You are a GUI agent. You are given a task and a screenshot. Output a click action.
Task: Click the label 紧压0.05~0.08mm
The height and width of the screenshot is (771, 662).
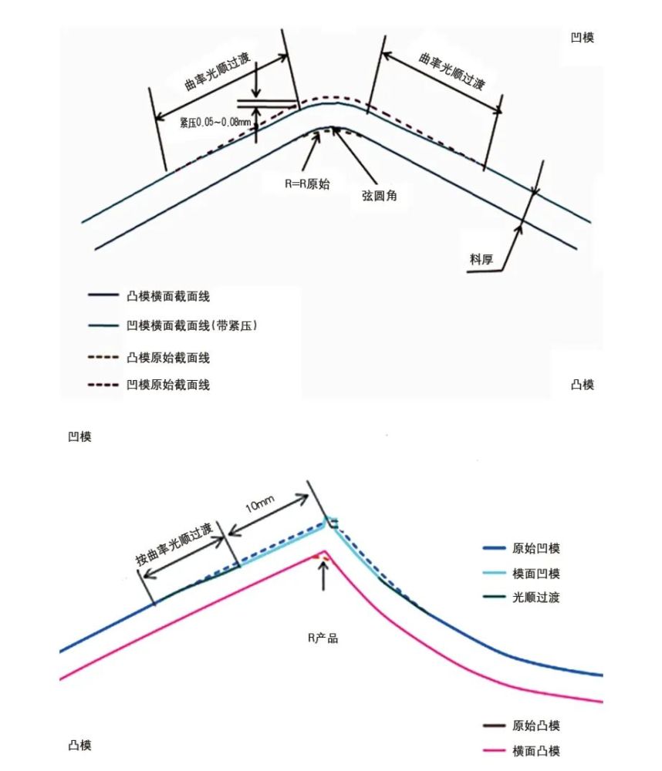click(215, 122)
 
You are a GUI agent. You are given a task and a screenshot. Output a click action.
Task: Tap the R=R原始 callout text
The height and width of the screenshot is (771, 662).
click(307, 184)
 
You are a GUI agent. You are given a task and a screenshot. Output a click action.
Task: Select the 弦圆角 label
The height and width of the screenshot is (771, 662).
click(379, 195)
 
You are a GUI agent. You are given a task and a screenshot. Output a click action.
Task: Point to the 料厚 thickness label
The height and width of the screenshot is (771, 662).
click(481, 258)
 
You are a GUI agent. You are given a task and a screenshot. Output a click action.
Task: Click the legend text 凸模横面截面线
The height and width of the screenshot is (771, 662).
click(168, 296)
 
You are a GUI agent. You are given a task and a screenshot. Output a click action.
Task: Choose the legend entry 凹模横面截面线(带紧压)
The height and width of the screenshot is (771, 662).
click(192, 325)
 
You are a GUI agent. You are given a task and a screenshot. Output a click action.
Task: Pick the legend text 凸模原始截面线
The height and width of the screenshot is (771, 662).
click(168, 358)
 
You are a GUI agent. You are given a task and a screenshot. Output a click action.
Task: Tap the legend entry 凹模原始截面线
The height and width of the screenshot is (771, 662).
click(168, 385)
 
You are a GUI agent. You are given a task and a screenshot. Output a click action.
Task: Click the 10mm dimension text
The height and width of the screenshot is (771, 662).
click(260, 503)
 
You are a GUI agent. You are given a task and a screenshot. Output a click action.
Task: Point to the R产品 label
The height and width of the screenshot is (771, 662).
click(323, 638)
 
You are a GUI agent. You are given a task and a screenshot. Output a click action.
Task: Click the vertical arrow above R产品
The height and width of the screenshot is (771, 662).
click(323, 575)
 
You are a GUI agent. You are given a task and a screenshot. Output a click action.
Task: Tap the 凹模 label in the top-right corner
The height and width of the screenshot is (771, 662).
click(583, 37)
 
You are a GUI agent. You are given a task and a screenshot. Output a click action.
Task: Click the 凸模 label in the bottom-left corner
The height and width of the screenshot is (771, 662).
click(79, 746)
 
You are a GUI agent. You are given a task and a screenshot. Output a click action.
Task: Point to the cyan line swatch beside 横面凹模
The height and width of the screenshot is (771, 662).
click(494, 574)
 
